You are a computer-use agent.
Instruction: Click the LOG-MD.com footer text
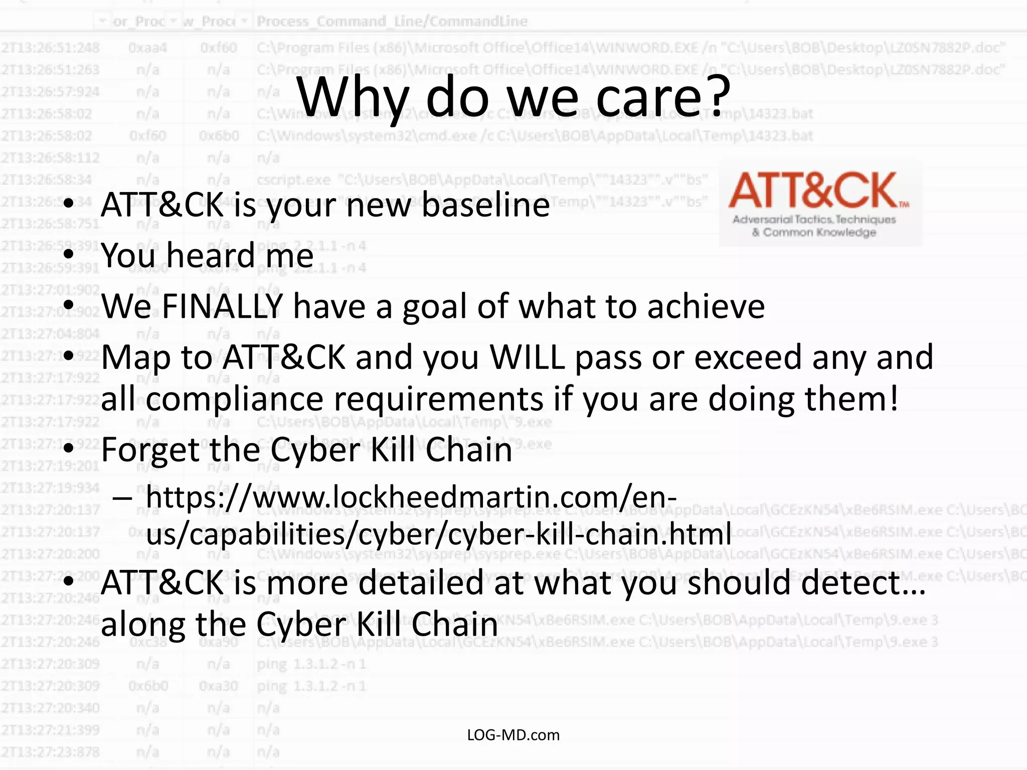tap(513, 735)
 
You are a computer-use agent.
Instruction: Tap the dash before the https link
tap(122, 498)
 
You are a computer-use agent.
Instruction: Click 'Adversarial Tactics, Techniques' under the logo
tap(813, 219)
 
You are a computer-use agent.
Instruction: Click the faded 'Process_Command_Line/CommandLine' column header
tap(392, 21)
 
